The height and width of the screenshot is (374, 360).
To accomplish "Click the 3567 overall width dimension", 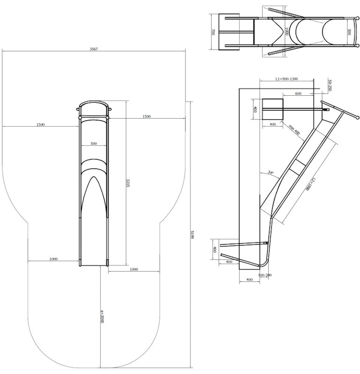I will (94, 48).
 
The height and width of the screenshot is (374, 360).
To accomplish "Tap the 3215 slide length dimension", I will (128, 183).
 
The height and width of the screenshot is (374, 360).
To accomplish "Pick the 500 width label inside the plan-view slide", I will (94, 144).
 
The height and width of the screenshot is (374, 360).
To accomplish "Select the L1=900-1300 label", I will (286, 79).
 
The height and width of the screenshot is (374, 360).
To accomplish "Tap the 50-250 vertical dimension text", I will (330, 85).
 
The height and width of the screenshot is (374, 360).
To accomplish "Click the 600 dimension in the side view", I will (298, 93).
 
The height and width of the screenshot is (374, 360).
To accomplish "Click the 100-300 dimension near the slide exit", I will (265, 275).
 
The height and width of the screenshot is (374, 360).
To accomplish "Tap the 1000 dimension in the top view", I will (287, 31).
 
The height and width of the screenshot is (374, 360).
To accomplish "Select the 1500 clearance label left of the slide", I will (40, 125).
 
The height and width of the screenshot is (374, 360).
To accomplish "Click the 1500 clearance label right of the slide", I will (146, 116).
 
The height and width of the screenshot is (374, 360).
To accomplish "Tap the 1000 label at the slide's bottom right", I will (134, 269).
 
